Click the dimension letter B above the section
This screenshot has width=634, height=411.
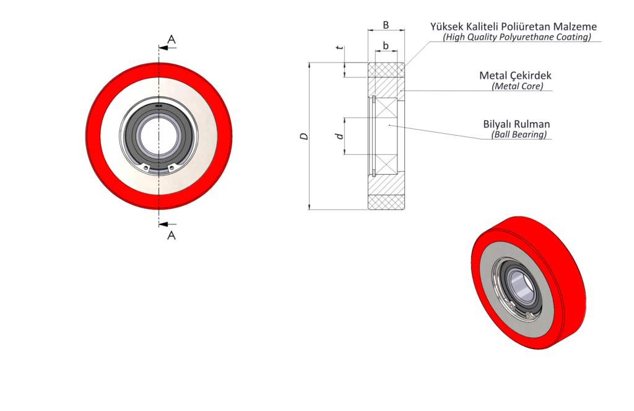[x=386, y=25]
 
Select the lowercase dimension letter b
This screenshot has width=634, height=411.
[x=386, y=45]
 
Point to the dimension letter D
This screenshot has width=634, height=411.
[x=304, y=136]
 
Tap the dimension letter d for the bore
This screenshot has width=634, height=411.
[x=339, y=136]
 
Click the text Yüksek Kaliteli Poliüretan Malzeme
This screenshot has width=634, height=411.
[x=513, y=27]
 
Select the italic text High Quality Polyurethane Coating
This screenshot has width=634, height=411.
[x=516, y=37]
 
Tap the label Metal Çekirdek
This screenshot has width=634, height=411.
[x=515, y=76]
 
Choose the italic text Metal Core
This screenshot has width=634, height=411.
[x=517, y=86]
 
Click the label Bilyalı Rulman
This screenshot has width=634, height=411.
[x=516, y=123]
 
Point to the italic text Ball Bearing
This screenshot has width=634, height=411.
[x=518, y=134]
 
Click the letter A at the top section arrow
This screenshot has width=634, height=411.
[x=172, y=40]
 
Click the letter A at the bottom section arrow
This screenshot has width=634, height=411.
[x=172, y=235]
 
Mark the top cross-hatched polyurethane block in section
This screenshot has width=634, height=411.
[x=387, y=69]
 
